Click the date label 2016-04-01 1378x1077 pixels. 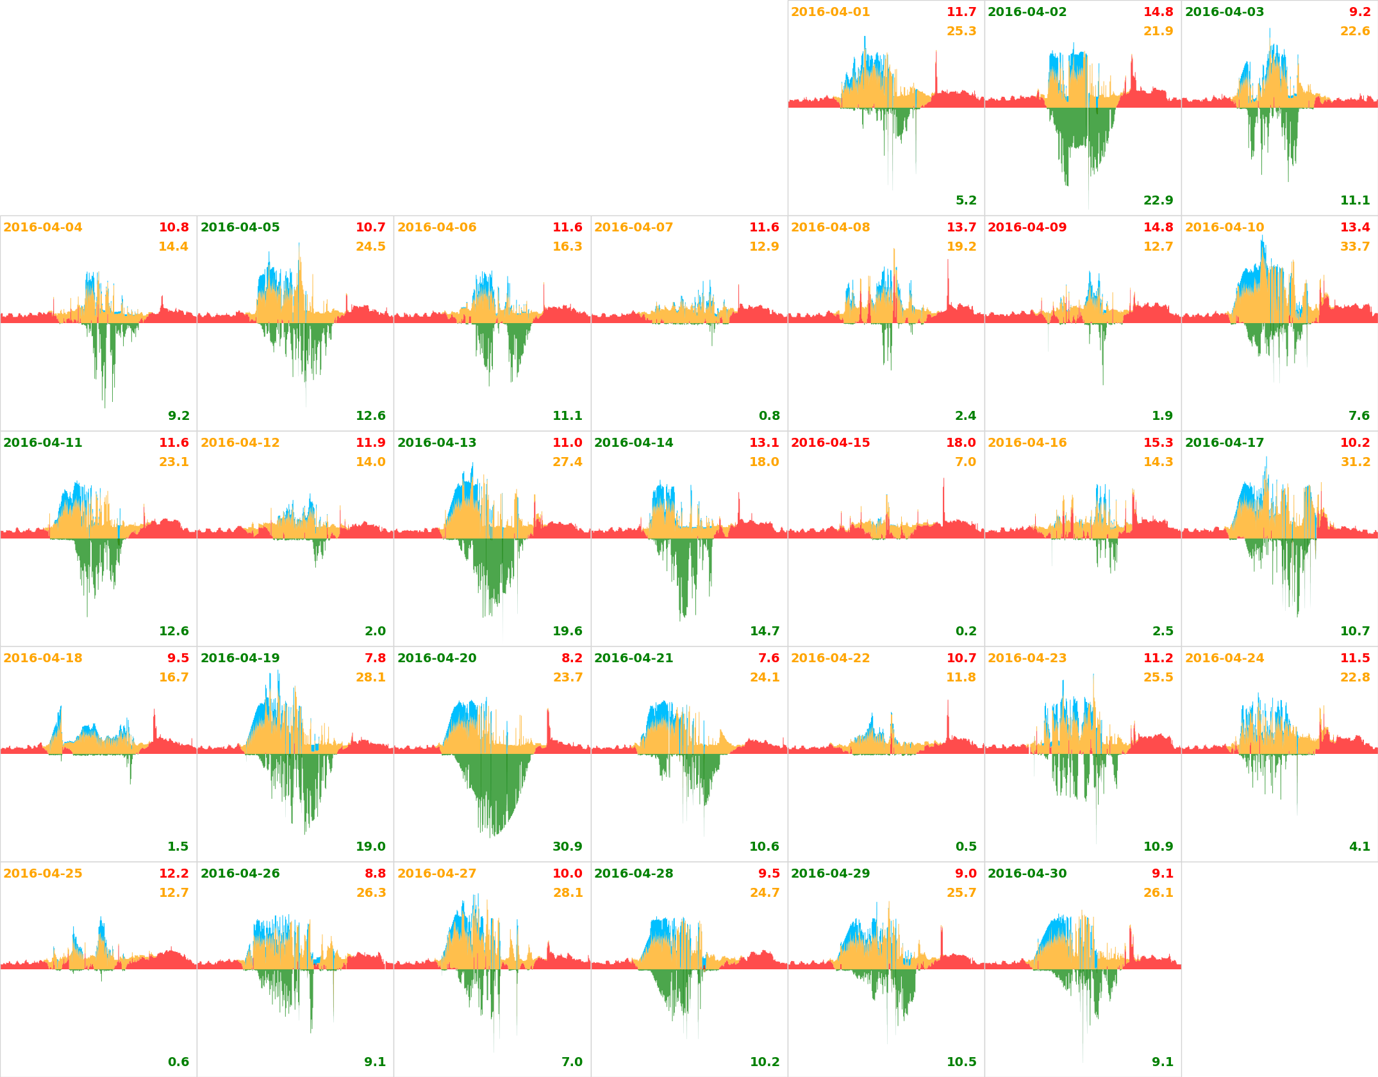(830, 12)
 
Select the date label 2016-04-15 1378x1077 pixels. (830, 443)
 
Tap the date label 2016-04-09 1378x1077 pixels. (1027, 228)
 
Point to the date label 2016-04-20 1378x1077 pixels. (436, 658)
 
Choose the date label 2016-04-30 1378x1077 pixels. (1027, 874)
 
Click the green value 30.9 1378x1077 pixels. (567, 847)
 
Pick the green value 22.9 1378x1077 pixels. (1158, 201)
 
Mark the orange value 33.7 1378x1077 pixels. (1354, 247)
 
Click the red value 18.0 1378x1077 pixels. (961, 443)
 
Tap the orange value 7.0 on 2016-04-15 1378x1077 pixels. (965, 462)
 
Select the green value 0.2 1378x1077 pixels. (966, 631)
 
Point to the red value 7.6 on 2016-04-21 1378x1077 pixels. (768, 658)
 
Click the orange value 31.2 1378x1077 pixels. (1355, 462)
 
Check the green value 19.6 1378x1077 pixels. (567, 631)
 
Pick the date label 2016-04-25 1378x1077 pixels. (43, 874)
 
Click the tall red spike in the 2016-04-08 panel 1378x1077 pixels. (948, 282)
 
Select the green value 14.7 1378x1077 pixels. (765, 631)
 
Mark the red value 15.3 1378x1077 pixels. (1158, 443)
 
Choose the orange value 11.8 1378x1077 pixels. (961, 678)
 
